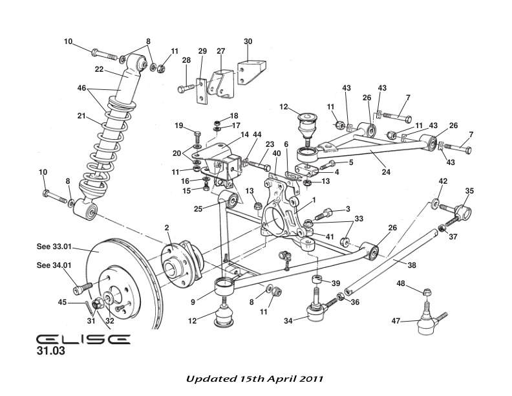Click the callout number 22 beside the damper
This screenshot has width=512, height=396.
pyautogui.click(x=99, y=69)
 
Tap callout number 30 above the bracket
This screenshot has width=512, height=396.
pyautogui.click(x=248, y=41)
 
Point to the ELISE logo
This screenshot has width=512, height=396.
pyautogui.click(x=83, y=340)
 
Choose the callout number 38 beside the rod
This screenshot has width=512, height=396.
pyautogui.click(x=412, y=264)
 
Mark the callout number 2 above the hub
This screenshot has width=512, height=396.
pyautogui.click(x=166, y=227)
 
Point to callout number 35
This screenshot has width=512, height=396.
pyautogui.click(x=469, y=191)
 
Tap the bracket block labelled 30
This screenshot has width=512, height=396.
pyautogui.click(x=251, y=69)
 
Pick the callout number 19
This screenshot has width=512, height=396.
pyautogui.click(x=179, y=125)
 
